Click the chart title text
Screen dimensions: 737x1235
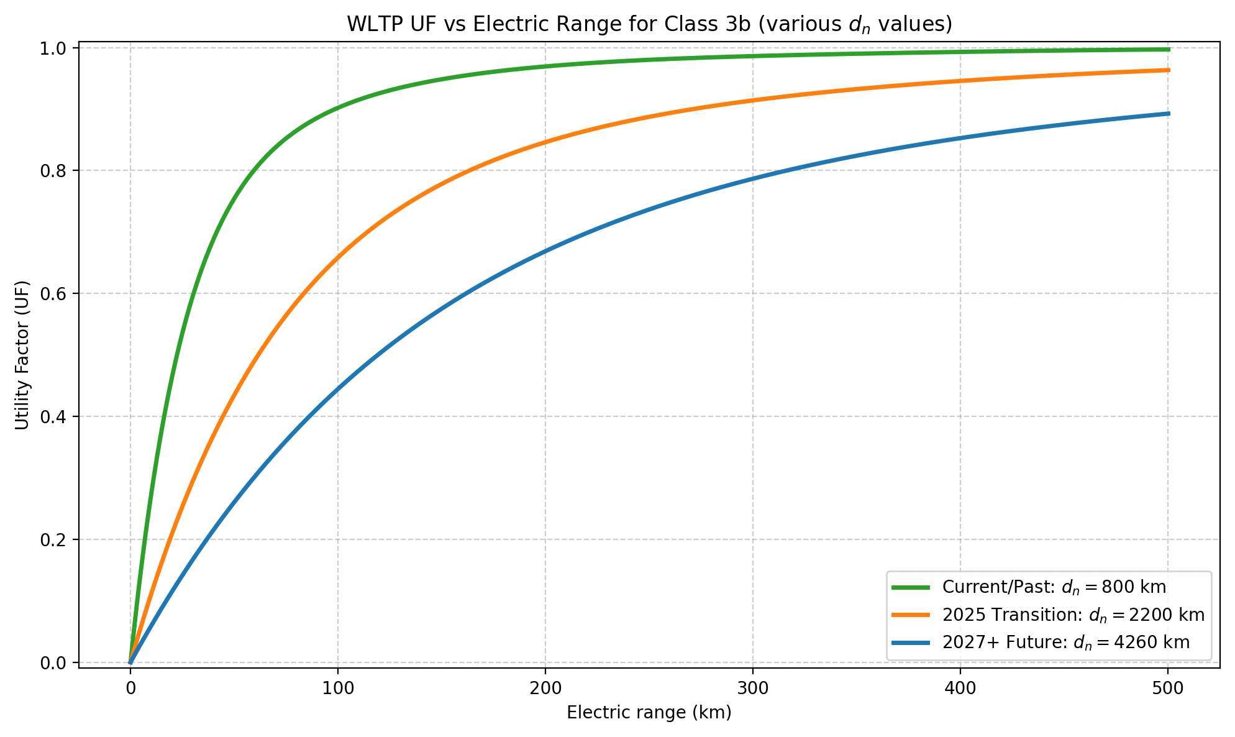pyautogui.click(x=649, y=24)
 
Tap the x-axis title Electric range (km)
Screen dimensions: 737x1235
pyautogui.click(x=649, y=713)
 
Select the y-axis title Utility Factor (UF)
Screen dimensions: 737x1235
pyautogui.click(x=22, y=354)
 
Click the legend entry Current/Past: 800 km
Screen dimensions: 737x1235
pyautogui.click(x=1054, y=587)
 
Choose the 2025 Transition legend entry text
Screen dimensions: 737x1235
pyautogui.click(x=1073, y=615)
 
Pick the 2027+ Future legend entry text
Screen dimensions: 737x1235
pyautogui.click(x=1065, y=642)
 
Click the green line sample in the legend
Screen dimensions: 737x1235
pyautogui.click(x=911, y=587)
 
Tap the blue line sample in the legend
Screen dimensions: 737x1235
pyautogui.click(x=911, y=642)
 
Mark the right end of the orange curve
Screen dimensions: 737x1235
pyautogui.click(x=1169, y=70)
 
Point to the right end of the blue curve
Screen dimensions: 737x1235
pyautogui.click(x=1169, y=114)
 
